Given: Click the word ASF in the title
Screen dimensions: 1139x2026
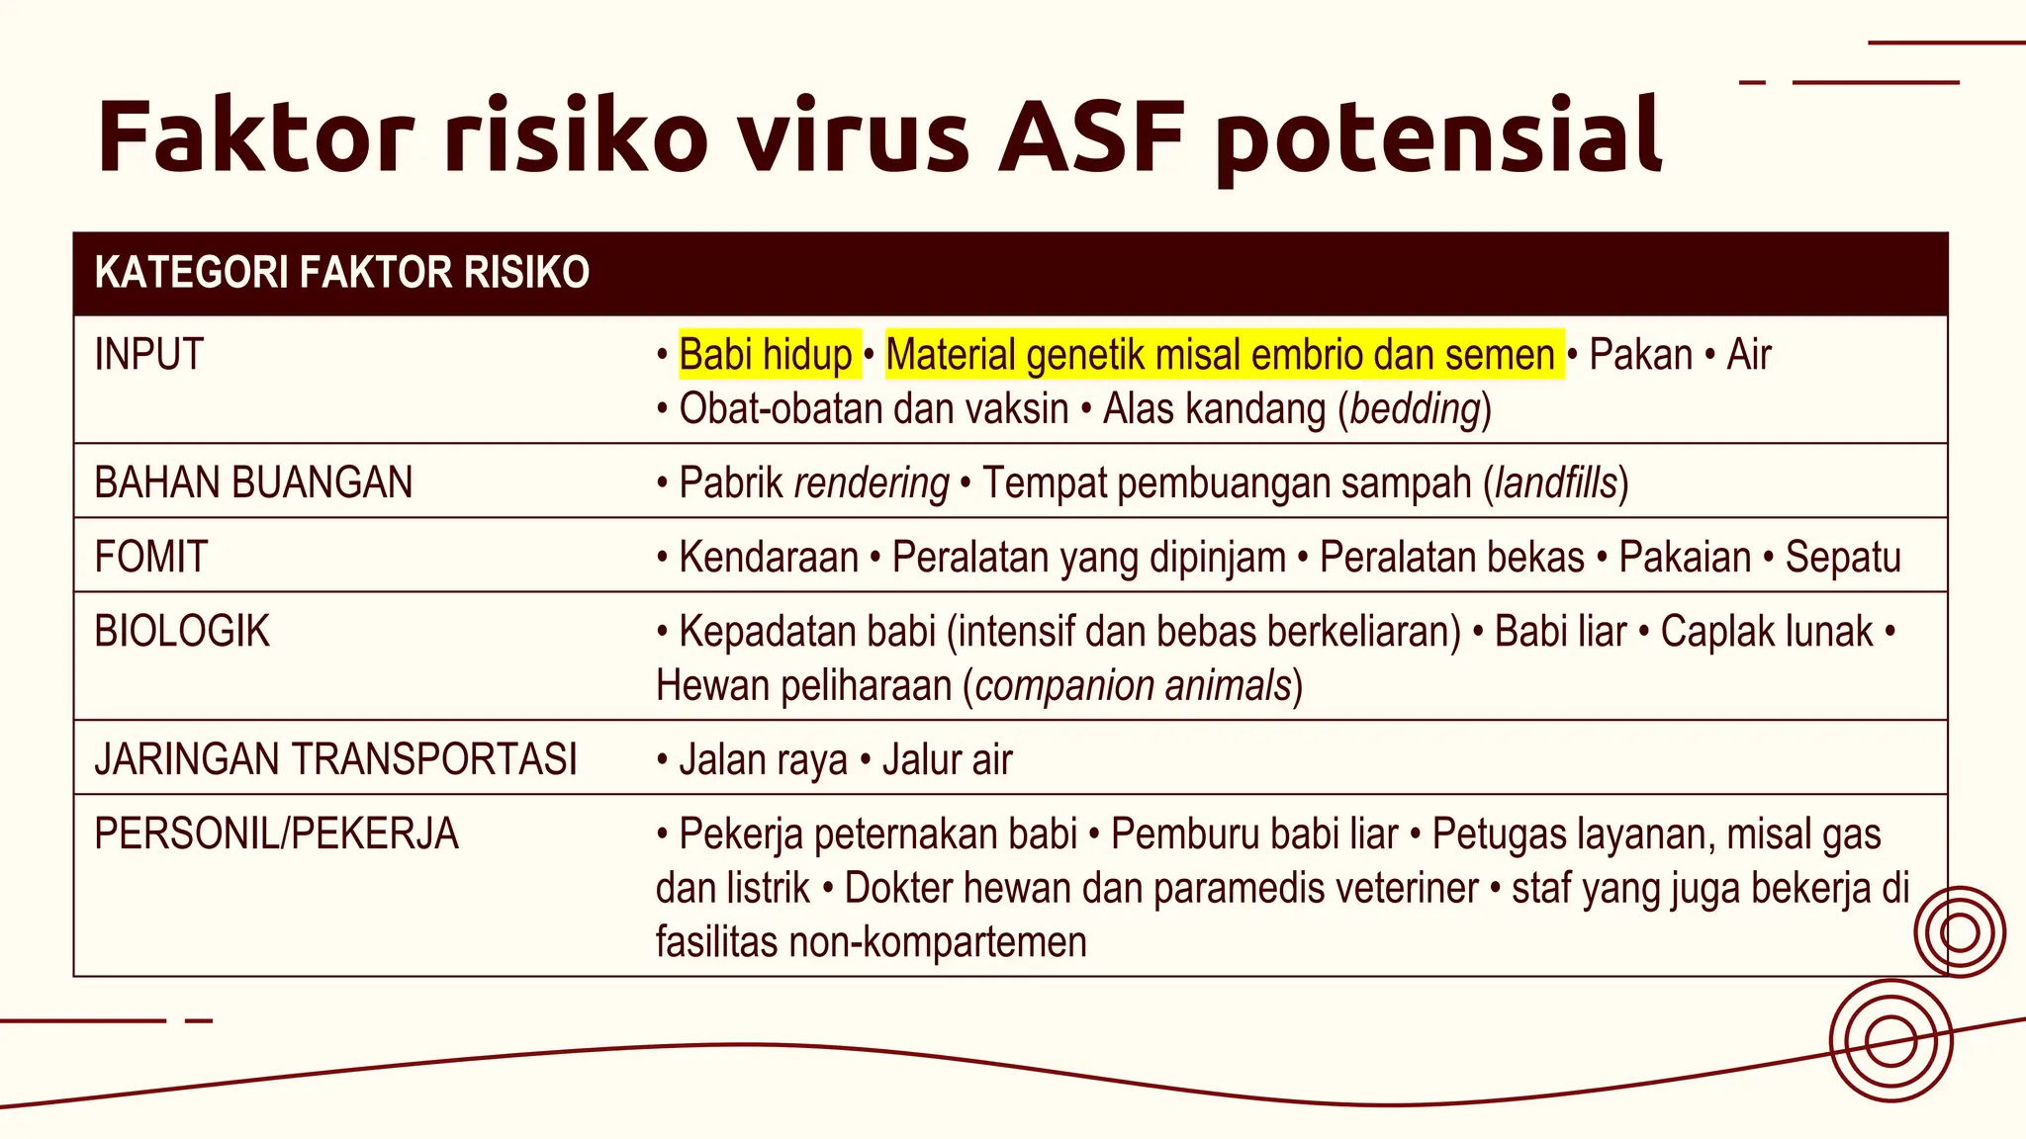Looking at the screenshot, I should pyautogui.click(x=1091, y=136).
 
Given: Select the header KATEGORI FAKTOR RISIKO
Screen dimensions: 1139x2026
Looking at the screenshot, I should pyautogui.click(x=341, y=273).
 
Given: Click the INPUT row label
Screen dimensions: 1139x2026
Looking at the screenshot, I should pyautogui.click(x=149, y=355).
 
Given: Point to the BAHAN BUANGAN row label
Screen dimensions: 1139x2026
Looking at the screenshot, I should pyautogui.click(x=253, y=482).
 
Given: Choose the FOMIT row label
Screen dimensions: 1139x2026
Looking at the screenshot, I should pyautogui.click(x=151, y=557).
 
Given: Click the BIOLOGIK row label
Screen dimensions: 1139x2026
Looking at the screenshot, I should pyautogui.click(x=182, y=631).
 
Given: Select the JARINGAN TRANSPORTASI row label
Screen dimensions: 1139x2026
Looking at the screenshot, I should pyautogui.click(x=335, y=759).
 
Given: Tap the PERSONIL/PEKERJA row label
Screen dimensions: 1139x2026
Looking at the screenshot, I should pyautogui.click(x=276, y=833).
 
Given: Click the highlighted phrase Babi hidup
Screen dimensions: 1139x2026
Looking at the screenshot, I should pyautogui.click(x=765, y=355).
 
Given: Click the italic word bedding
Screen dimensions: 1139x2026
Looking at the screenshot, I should pyautogui.click(x=1415, y=409).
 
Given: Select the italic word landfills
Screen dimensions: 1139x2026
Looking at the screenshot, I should pyautogui.click(x=1555, y=483).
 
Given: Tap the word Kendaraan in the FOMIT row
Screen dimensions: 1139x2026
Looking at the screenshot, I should pyautogui.click(x=769, y=558).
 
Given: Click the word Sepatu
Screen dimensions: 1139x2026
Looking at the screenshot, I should pyautogui.click(x=1843, y=558).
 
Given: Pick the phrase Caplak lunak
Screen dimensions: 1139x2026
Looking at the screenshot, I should pyautogui.click(x=1767, y=632).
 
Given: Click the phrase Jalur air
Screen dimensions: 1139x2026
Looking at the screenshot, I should pyautogui.click(x=947, y=760).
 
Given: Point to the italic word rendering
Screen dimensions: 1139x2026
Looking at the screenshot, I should pyautogui.click(x=872, y=483).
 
